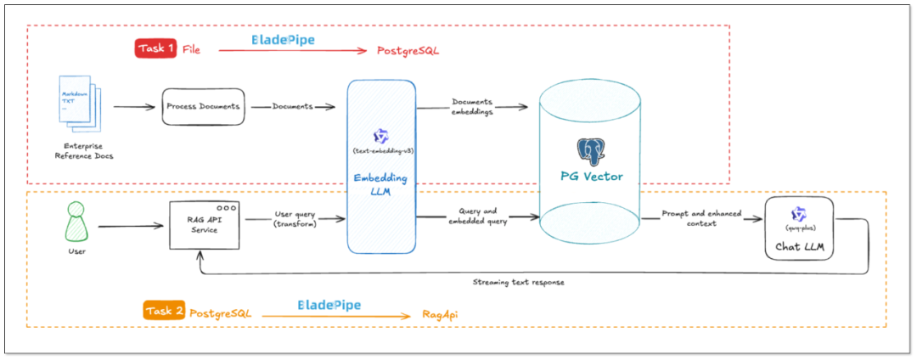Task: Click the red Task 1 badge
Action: [155, 48]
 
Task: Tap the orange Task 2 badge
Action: [164, 311]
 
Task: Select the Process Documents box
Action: [203, 107]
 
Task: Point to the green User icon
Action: [78, 222]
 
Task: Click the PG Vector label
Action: [591, 177]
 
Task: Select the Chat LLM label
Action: [798, 246]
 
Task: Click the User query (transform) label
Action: [296, 219]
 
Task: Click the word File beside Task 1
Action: [191, 50]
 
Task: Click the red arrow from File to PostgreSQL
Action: [293, 51]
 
